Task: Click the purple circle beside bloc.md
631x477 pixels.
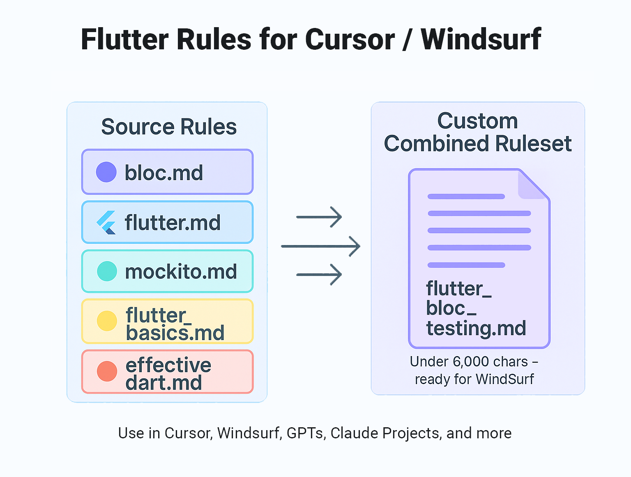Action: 106,172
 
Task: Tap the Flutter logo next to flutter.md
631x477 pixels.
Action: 106,222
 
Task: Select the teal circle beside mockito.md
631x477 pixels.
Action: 107,271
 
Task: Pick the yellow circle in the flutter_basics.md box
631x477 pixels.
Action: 107,321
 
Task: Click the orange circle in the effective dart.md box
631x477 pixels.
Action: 107,371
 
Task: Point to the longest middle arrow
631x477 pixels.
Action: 320,246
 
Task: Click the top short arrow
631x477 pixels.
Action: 319,217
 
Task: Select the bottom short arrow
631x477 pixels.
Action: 319,274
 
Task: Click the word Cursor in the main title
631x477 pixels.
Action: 350,39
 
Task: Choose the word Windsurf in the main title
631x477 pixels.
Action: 481,39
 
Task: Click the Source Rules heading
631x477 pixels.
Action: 169,127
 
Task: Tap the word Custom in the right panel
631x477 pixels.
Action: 477,121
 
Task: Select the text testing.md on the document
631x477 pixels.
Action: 476,328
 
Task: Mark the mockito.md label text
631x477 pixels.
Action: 181,272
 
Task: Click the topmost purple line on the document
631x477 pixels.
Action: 466,197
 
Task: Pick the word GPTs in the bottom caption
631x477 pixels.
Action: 304,433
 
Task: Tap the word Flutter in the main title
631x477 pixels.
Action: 125,39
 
